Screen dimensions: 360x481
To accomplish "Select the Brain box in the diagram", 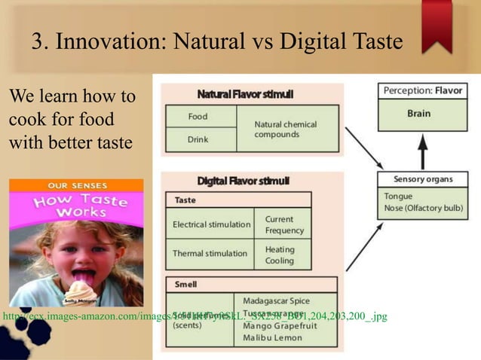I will pyautogui.click(x=418, y=114).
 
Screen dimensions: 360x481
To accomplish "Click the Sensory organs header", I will pyautogui.click(x=423, y=179).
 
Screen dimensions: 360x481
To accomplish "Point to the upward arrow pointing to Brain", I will pyautogui.click(x=422, y=154).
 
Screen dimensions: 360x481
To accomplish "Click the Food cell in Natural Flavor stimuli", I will pyautogui.click(x=199, y=117).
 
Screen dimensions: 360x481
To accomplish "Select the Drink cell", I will pyautogui.click(x=199, y=139).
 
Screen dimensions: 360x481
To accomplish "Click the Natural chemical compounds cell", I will pyautogui.click(x=286, y=129).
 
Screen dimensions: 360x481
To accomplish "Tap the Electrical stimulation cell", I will pyautogui.click(x=211, y=224).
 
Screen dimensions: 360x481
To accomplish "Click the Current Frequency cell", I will pyautogui.click(x=284, y=224).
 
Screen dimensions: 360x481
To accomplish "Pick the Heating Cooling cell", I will pyautogui.click(x=280, y=255).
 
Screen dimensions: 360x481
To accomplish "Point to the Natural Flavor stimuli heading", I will pyautogui.click(x=245, y=94).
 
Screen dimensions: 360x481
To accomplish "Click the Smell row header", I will pyautogui.click(x=186, y=285).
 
